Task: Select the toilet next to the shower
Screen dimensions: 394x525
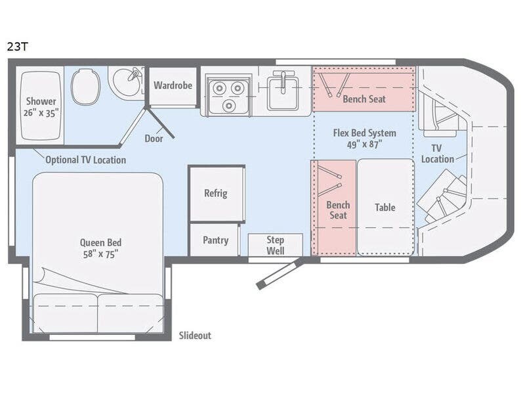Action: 85,87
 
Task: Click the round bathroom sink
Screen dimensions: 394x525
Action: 125,83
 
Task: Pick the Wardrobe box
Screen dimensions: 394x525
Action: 173,86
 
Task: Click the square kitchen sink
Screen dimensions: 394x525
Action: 283,91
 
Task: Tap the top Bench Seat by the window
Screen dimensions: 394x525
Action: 364,99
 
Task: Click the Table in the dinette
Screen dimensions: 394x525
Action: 385,208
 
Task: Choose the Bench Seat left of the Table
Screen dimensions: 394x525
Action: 337,209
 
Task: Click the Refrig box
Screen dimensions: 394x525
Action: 215,193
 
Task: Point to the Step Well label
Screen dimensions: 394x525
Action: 275,245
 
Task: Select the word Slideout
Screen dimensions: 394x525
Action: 195,336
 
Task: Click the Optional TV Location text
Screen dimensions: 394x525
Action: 85,160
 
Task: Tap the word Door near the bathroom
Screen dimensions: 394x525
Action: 154,139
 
